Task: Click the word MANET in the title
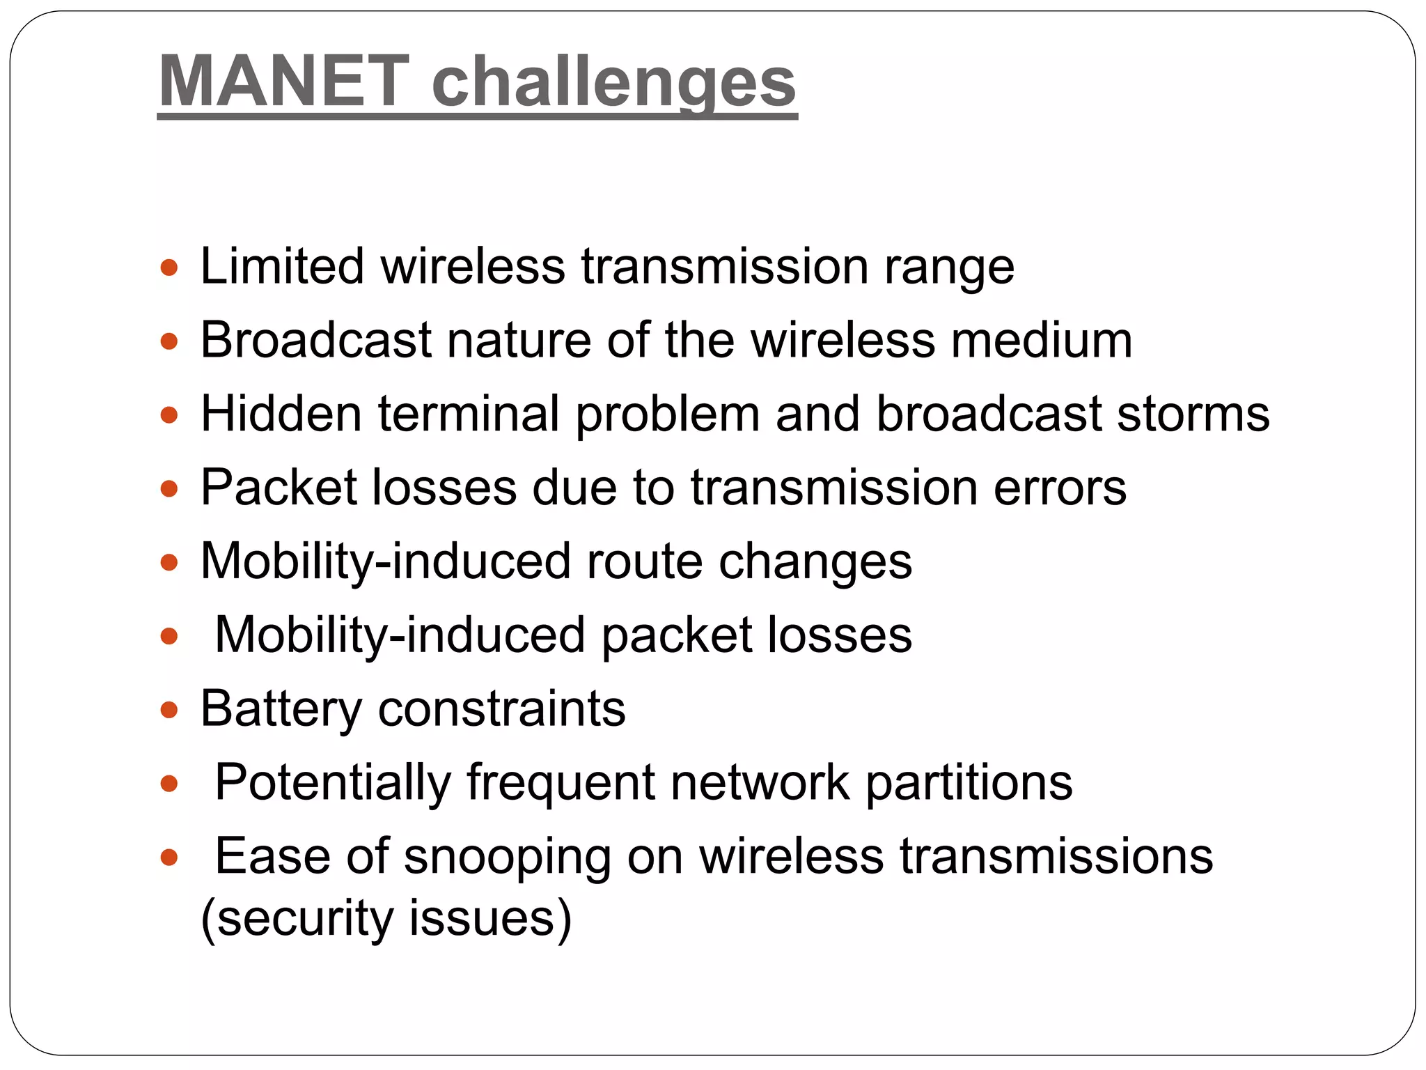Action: click(x=284, y=82)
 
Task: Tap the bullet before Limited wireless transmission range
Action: click(x=169, y=267)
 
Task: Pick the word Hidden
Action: click(x=281, y=414)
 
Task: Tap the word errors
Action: click(x=1060, y=488)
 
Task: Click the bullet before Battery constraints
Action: click(x=169, y=710)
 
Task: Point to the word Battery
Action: click(x=281, y=710)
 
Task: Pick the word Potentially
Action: click(x=333, y=783)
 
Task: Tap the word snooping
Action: click(x=507, y=858)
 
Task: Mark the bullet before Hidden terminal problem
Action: click(x=169, y=416)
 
